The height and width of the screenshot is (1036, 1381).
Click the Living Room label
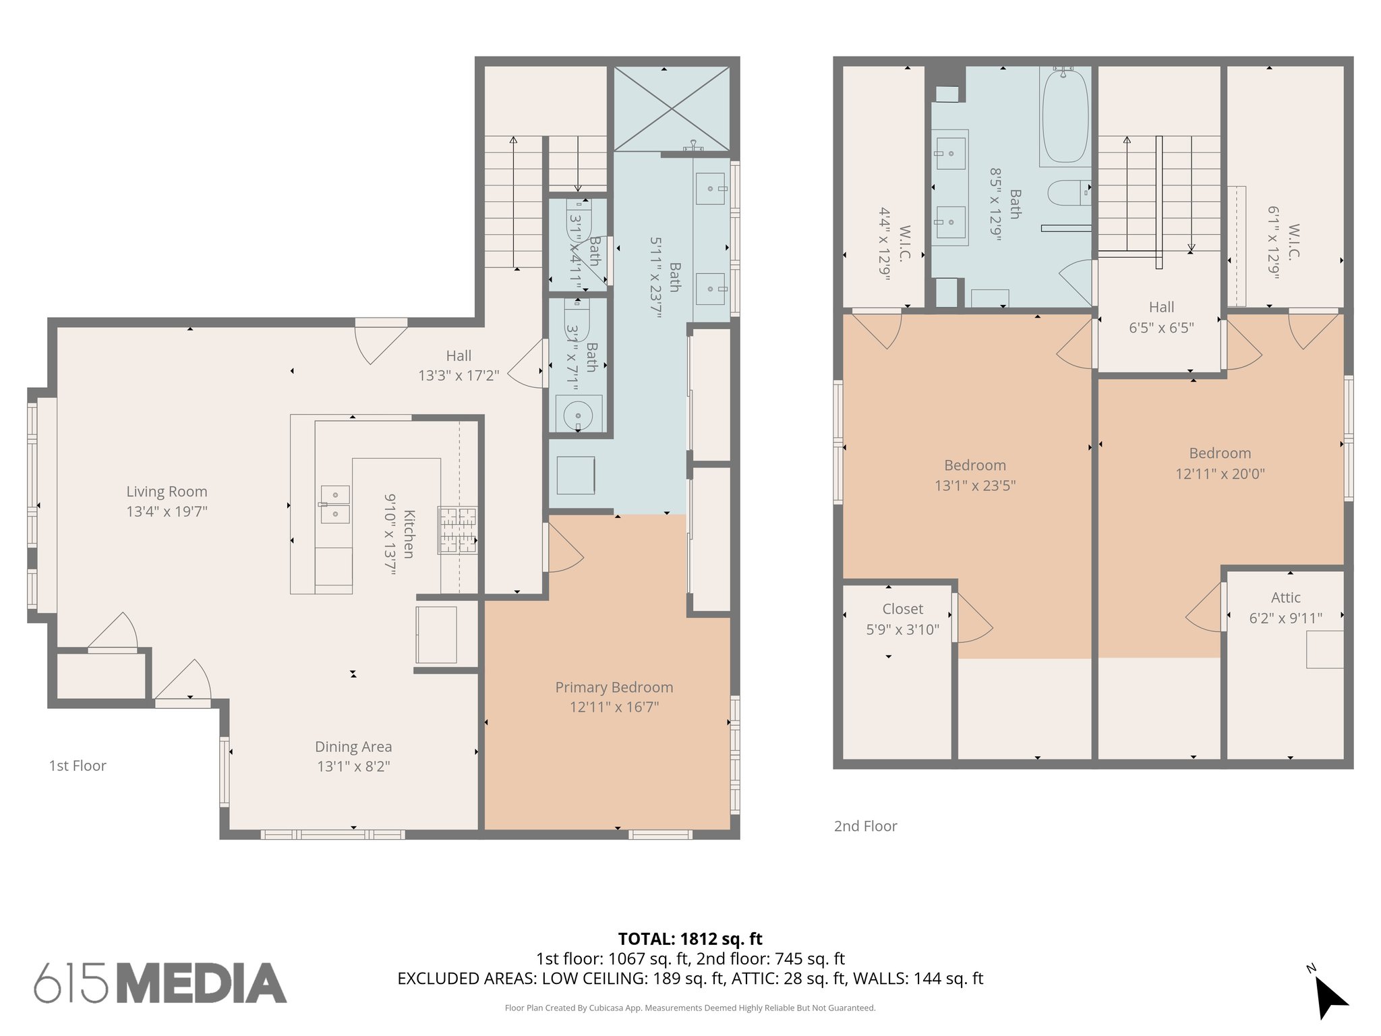[167, 492]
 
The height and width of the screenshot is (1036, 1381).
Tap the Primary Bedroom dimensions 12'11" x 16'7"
[614, 707]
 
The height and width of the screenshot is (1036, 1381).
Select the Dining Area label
[353, 747]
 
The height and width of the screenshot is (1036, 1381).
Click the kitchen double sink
[334, 504]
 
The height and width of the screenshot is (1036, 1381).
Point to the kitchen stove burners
[458, 530]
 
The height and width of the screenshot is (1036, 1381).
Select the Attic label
[1285, 598]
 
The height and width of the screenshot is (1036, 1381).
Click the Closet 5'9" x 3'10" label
[902, 618]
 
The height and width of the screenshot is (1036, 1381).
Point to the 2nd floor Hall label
[1161, 308]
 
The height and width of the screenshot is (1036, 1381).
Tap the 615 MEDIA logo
[160, 983]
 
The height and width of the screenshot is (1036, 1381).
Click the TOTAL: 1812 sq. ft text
[690, 938]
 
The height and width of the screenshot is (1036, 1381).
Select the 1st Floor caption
[78, 766]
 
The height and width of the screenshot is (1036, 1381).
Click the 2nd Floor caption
[865, 826]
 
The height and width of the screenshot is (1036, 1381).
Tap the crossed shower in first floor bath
[672, 109]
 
